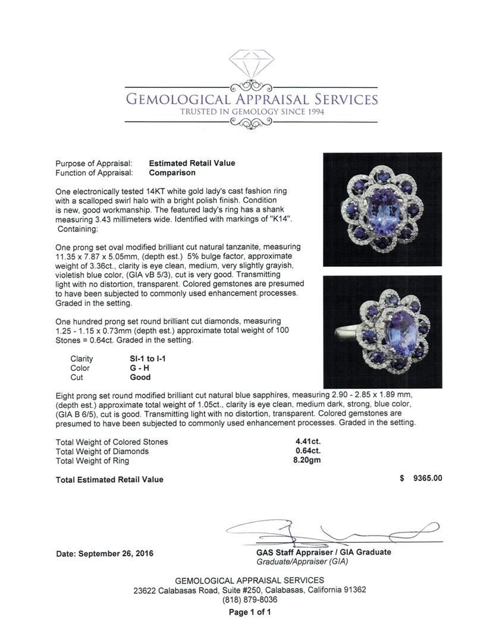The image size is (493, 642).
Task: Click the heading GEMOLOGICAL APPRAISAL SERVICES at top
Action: (250, 99)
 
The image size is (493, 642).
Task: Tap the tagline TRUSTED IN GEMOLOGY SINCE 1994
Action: (250, 112)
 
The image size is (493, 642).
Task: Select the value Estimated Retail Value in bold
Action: (191, 163)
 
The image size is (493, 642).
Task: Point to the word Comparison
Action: (172, 173)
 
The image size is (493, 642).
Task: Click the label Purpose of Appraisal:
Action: (94, 163)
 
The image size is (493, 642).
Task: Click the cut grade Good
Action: (140, 377)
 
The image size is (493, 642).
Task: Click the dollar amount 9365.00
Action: (428, 479)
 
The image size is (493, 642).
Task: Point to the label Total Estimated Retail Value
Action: (109, 480)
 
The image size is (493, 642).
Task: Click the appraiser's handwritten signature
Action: (333, 533)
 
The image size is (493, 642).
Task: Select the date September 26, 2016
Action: (105, 553)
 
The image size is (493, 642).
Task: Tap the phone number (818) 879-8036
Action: (250, 600)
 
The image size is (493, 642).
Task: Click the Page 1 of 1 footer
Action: (250, 612)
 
